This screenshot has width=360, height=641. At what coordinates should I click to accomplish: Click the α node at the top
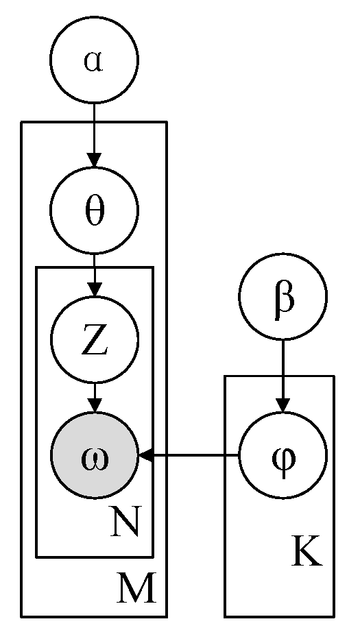[94, 60]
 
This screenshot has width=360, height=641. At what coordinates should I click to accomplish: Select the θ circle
[94, 210]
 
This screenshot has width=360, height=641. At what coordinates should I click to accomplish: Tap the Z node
[95, 339]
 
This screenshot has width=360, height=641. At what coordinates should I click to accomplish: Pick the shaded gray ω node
[95, 455]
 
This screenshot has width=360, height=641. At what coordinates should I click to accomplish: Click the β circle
[283, 297]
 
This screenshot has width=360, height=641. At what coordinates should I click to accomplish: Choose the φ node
[283, 455]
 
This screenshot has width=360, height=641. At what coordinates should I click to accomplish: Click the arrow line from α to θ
[94, 130]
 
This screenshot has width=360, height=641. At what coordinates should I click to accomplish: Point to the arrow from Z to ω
[95, 396]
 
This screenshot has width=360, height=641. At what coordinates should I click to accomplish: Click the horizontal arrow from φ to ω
[192, 455]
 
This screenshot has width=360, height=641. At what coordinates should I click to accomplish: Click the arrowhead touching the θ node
[94, 159]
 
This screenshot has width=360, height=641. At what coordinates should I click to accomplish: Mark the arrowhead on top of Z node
[95, 289]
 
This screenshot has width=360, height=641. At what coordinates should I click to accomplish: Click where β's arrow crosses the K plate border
[283, 376]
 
